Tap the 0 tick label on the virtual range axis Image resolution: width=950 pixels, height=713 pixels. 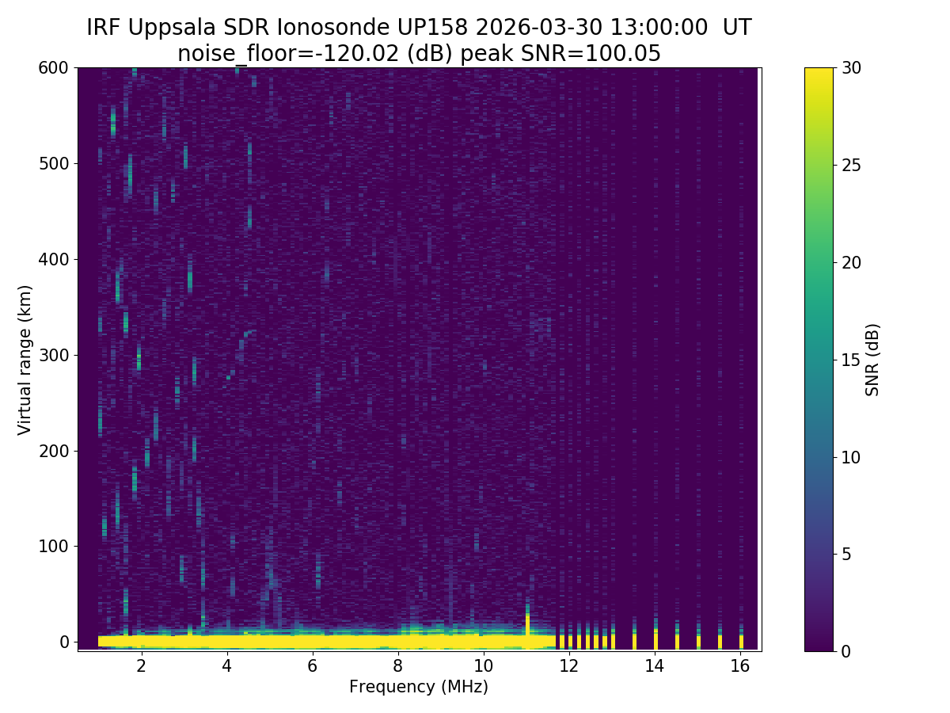coord(64,642)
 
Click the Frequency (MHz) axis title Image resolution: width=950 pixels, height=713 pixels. coord(419,687)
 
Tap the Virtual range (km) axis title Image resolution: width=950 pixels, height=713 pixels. coord(25,360)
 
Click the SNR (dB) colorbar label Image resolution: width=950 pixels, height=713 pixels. coord(872,360)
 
